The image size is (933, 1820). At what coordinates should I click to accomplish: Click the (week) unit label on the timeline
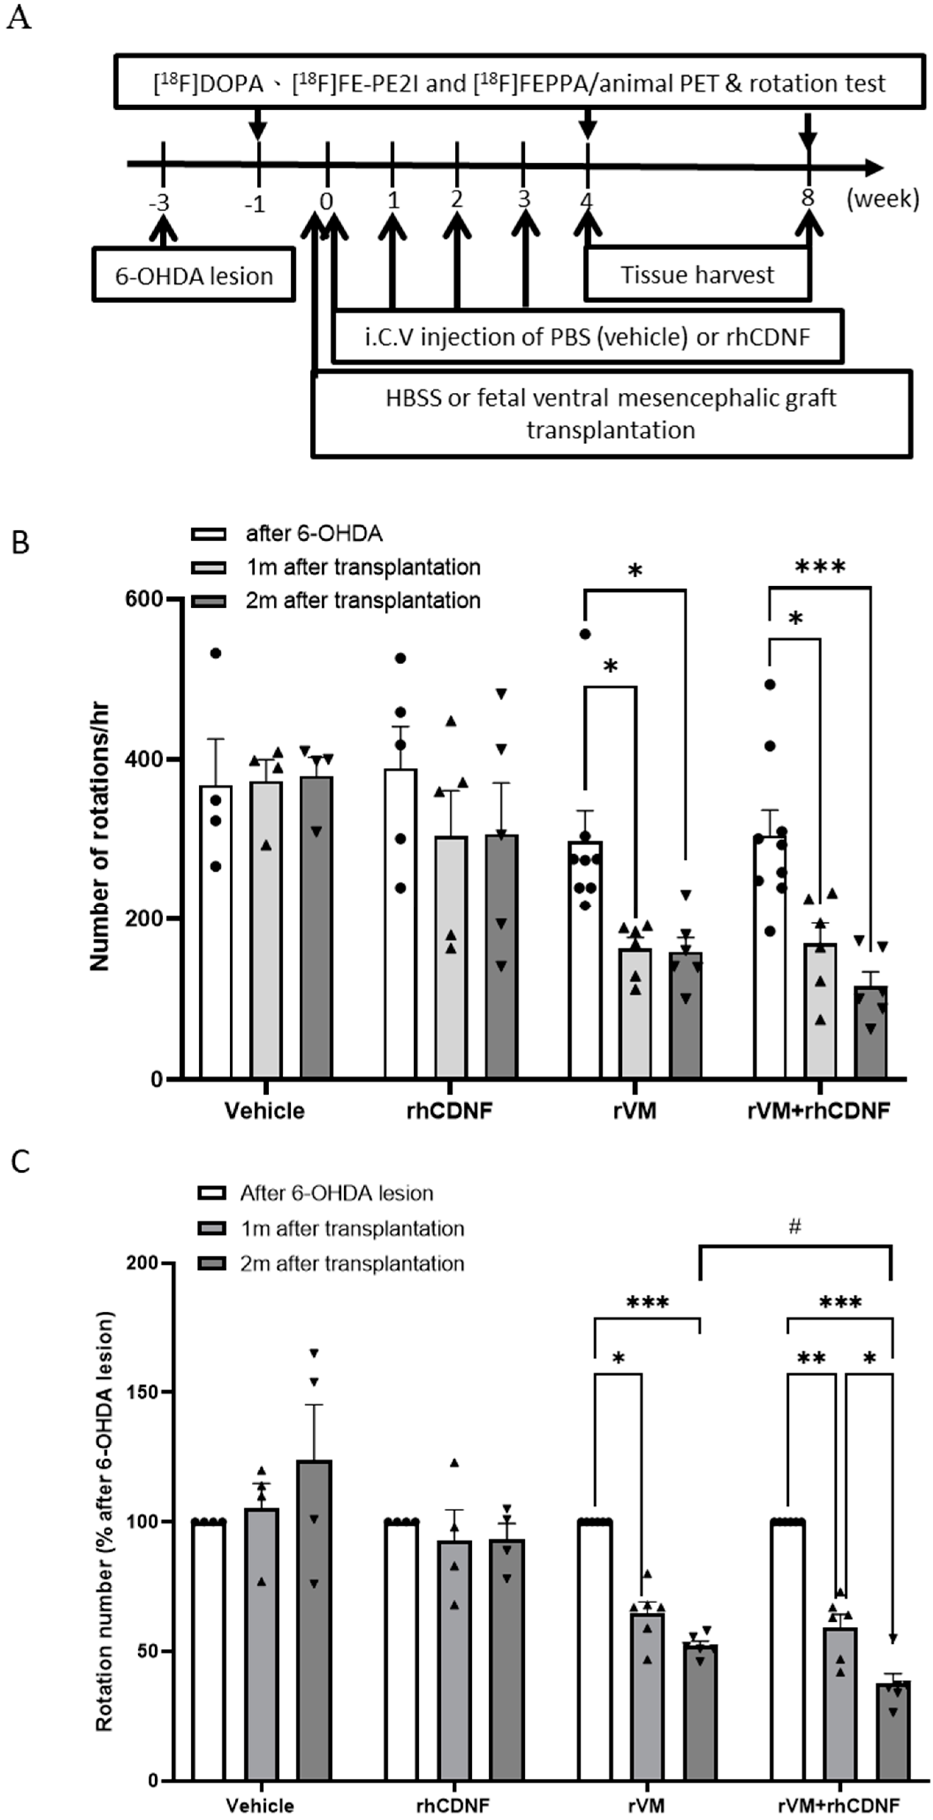(883, 199)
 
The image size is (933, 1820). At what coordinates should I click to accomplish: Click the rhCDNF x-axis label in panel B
(449, 1111)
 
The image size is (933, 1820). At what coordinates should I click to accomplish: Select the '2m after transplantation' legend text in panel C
(352, 1263)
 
